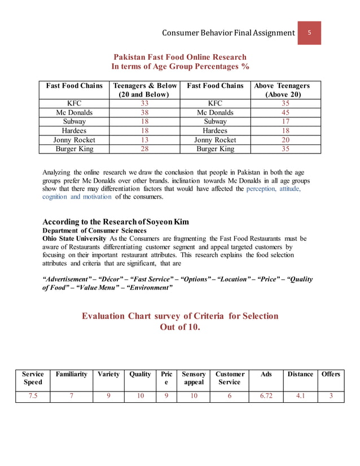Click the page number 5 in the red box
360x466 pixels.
click(x=309, y=32)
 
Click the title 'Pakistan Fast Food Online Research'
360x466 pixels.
click(x=180, y=57)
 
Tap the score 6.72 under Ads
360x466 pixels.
click(x=266, y=396)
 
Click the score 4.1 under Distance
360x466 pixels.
click(x=300, y=396)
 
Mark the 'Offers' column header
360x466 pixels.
click(x=331, y=374)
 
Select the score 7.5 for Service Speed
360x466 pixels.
click(x=33, y=396)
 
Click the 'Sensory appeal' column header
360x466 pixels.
click(x=194, y=378)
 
